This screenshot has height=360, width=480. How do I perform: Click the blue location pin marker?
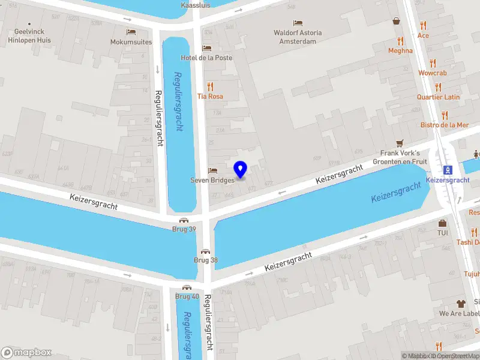tap(241, 170)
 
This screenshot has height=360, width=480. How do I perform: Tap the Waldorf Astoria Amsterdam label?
tap(298, 37)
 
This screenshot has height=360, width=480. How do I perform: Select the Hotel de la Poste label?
tap(207, 58)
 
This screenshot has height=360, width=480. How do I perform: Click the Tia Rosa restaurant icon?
tap(210, 86)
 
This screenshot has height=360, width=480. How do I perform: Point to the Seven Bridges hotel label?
tap(211, 179)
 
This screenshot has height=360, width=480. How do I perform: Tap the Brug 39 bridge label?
tap(184, 229)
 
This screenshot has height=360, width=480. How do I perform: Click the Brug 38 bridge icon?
tap(206, 251)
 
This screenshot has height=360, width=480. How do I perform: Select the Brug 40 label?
tap(187, 296)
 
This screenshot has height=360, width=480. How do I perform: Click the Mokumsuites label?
tap(130, 42)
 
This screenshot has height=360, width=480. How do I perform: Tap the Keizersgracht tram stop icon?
tap(448, 169)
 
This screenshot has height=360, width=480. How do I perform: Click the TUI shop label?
tap(443, 232)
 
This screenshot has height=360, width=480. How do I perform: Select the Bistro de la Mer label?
tap(444, 125)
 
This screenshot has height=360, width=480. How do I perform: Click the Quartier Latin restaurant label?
tap(439, 97)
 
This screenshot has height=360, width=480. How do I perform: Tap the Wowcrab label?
tap(433, 73)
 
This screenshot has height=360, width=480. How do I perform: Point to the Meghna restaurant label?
tap(400, 50)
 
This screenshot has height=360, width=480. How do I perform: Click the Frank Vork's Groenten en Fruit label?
tap(400, 157)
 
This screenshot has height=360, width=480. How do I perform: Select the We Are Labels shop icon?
tap(461, 303)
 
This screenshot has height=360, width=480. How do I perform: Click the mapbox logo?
tap(26, 352)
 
